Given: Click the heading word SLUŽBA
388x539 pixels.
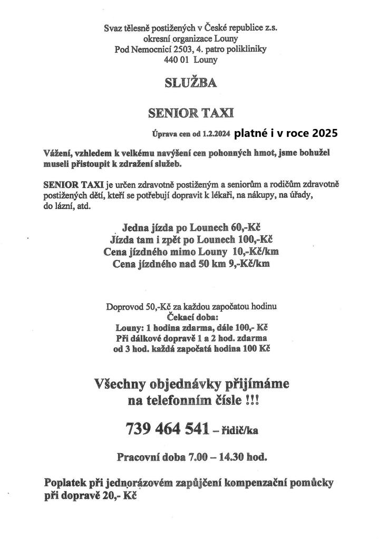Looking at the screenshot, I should point(190,83).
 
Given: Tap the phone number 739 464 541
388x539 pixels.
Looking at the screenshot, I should point(165,430).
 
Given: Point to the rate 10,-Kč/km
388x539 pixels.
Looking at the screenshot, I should point(255,252).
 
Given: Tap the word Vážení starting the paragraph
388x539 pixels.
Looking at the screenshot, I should point(60,153).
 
